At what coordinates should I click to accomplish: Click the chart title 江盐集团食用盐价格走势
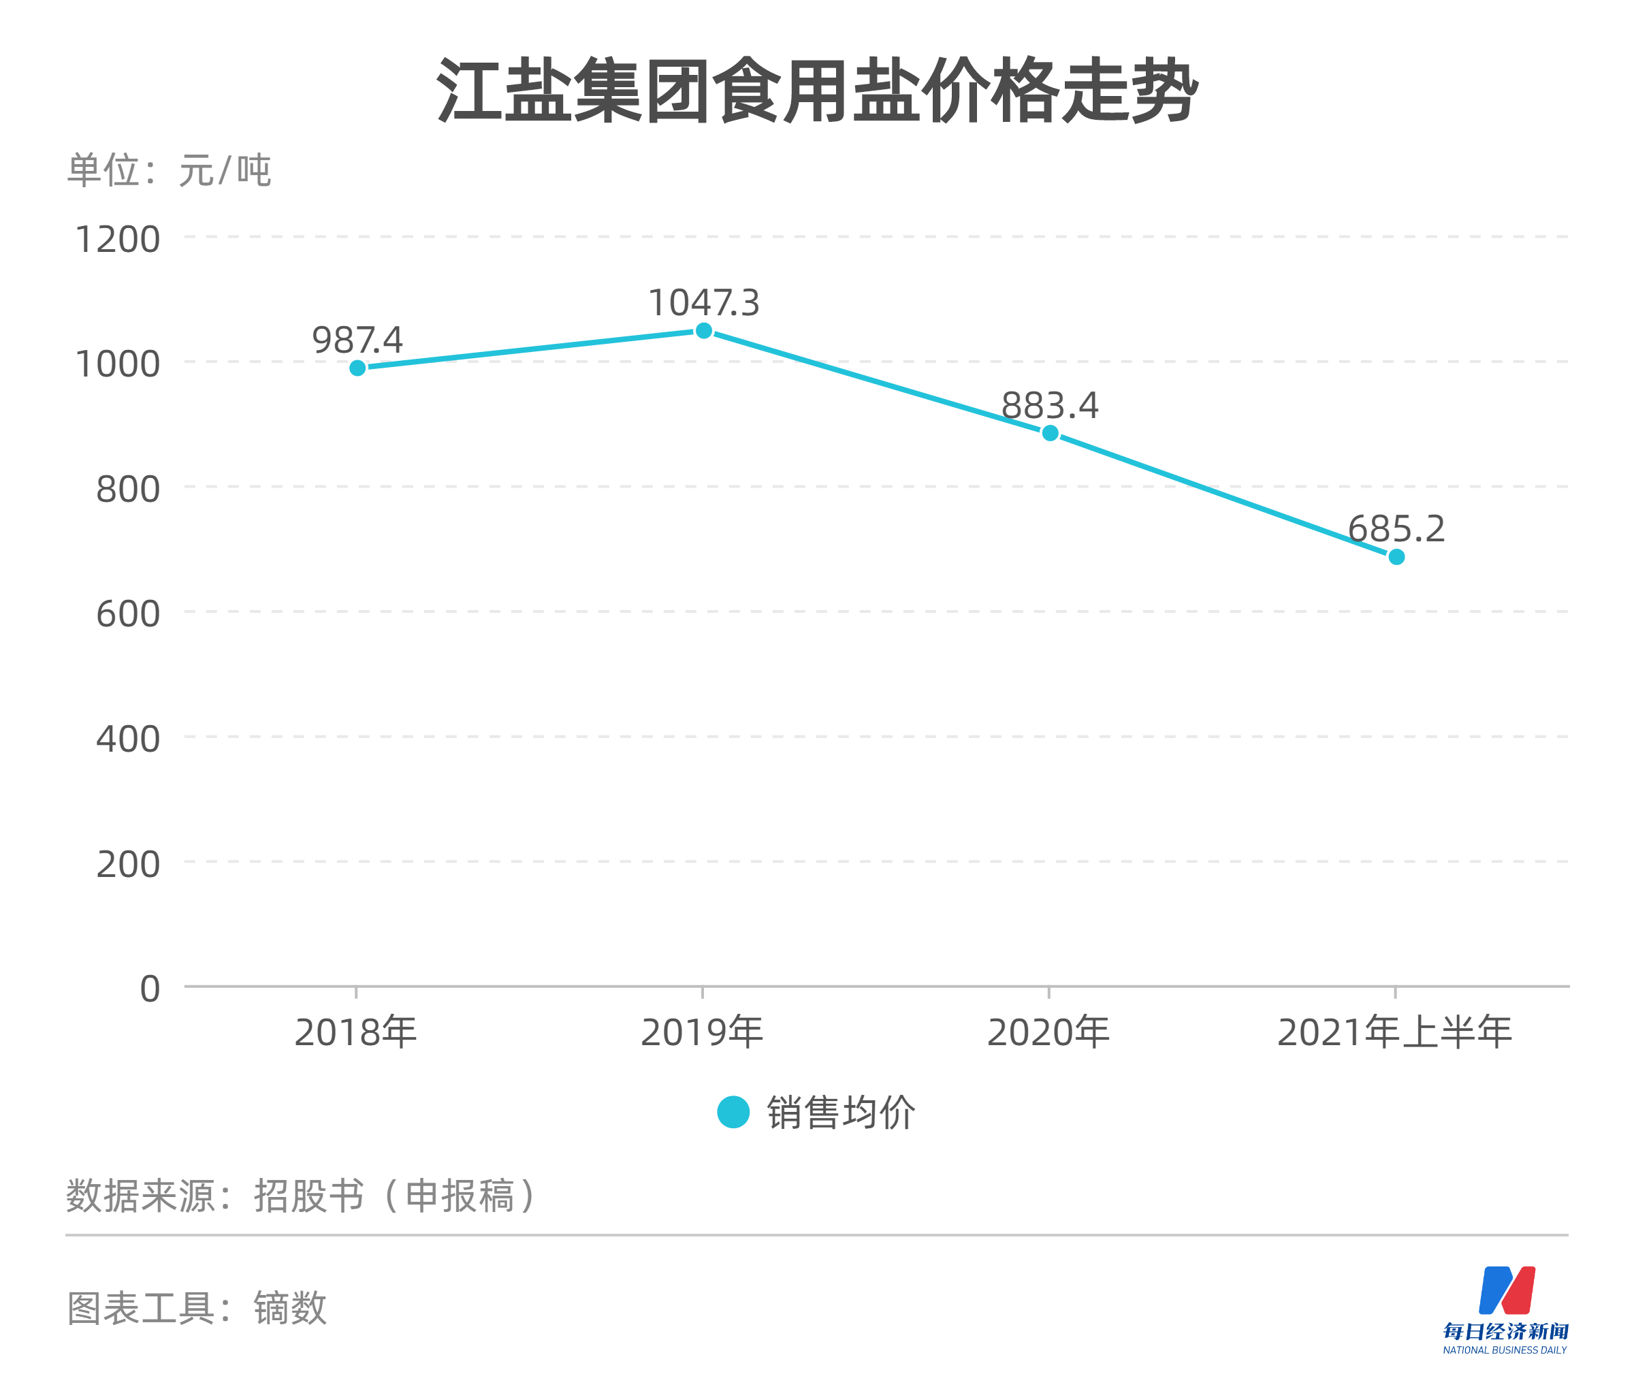click(x=816, y=91)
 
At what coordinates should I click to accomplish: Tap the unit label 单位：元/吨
click(x=169, y=170)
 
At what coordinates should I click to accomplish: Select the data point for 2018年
click(x=357, y=368)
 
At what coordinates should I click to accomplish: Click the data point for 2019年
click(x=703, y=331)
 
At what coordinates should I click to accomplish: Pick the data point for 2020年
click(x=1049, y=433)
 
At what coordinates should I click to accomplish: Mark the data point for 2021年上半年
click(x=1396, y=557)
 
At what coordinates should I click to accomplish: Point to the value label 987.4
click(x=357, y=340)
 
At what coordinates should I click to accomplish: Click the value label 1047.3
click(x=703, y=303)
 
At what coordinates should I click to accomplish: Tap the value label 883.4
click(x=1049, y=406)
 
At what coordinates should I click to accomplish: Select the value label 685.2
click(x=1396, y=528)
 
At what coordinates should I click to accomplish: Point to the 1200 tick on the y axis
click(x=116, y=238)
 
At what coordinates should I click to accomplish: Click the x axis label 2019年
click(x=702, y=1032)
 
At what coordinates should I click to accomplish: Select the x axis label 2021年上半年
click(x=1394, y=1032)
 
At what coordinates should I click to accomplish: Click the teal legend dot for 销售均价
click(x=733, y=1112)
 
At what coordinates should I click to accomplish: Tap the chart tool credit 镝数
click(x=290, y=1308)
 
